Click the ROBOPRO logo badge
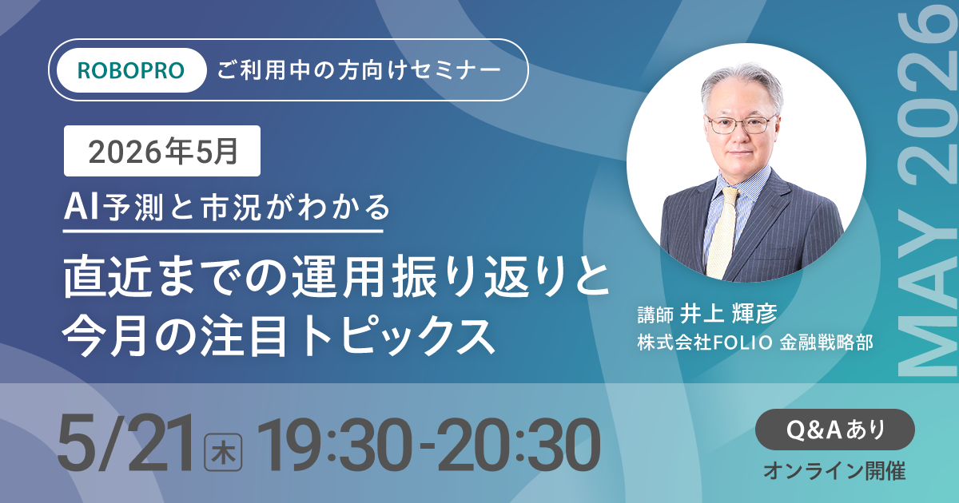tap(131, 70)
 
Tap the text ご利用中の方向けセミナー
tap(359, 70)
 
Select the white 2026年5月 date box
tap(162, 151)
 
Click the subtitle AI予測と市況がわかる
tap(228, 208)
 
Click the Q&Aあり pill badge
tap(835, 430)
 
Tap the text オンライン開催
tap(834, 471)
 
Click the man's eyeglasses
tap(740, 125)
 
